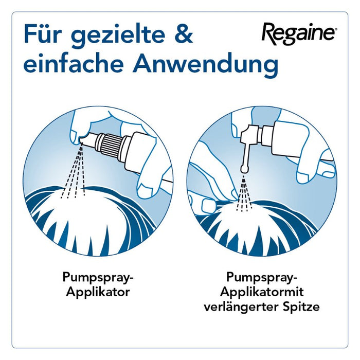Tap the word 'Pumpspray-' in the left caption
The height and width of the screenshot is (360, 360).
pyautogui.click(x=98, y=278)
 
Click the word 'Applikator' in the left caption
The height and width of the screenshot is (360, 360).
pyautogui.click(x=98, y=293)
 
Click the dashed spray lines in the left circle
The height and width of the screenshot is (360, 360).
pyautogui.click(x=74, y=175)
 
